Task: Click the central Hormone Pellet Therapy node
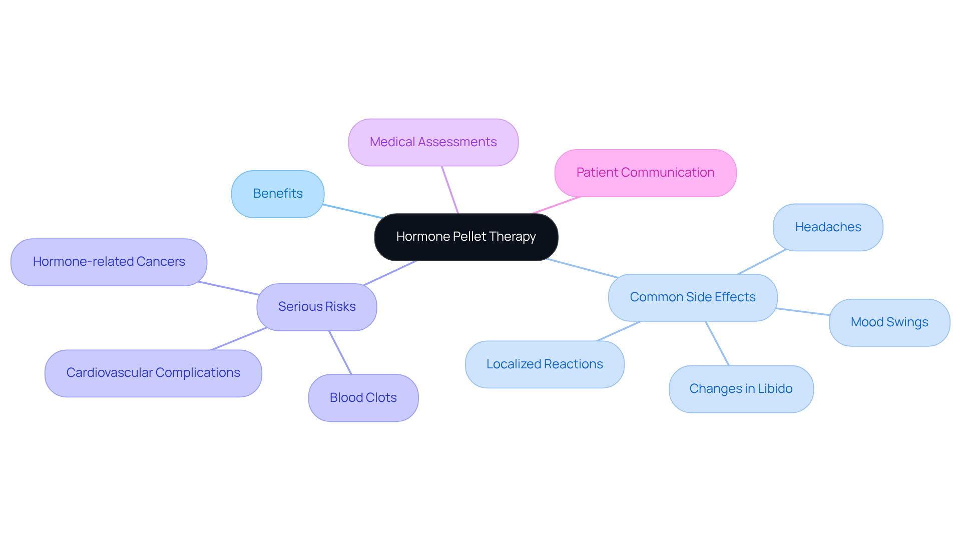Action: point(466,237)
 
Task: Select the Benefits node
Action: point(278,194)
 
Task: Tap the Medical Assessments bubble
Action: point(433,142)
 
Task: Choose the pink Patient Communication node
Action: point(645,173)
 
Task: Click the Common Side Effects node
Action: point(692,297)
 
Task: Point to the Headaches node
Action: point(828,227)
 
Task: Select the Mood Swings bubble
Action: point(889,322)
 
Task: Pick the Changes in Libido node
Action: point(741,389)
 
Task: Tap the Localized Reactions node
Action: point(545,364)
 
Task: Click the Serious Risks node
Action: point(316,307)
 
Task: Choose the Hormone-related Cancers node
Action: point(109,262)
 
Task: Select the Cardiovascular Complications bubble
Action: point(153,373)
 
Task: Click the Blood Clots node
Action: point(363,398)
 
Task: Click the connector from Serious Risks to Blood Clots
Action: point(340,352)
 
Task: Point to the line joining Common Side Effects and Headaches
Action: point(762,262)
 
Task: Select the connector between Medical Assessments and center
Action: point(450,190)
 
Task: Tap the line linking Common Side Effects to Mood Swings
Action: point(803,312)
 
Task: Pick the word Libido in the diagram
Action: point(775,389)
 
